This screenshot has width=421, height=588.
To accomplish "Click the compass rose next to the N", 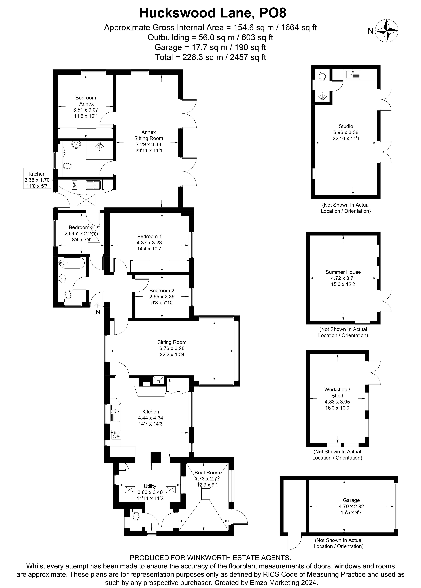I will point(387,31).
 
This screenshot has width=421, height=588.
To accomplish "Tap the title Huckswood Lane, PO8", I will point(213,13).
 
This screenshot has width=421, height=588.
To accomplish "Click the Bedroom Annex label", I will point(86,101).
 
